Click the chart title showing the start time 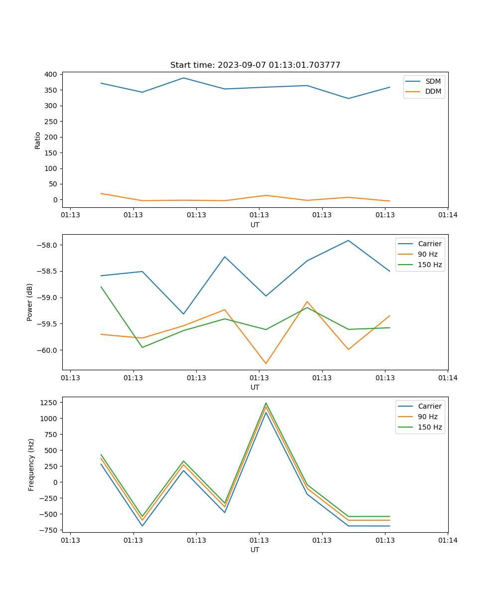[x=255, y=65]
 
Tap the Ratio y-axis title [x=38, y=141]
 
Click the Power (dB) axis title [x=30, y=302]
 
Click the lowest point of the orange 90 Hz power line [x=265, y=363]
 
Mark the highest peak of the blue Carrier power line [x=348, y=240]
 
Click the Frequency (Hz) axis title [x=31, y=464]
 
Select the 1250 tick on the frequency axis [x=50, y=402]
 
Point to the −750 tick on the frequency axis [x=49, y=530]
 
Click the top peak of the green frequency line [x=265, y=403]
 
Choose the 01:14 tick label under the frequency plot [x=447, y=540]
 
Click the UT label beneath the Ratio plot [x=255, y=225]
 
